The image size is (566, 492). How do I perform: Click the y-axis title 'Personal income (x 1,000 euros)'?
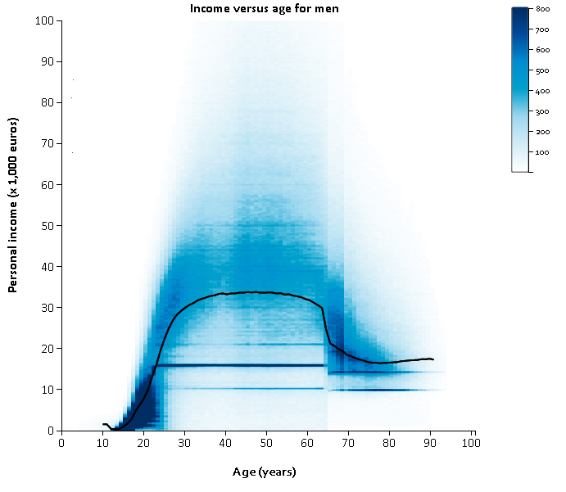click(x=13, y=205)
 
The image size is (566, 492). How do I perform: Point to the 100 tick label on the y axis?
click(x=45, y=20)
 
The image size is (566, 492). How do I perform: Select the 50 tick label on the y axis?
click(x=48, y=225)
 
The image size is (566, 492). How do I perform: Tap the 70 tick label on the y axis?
click(x=48, y=143)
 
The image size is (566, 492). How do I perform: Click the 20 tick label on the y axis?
click(x=48, y=348)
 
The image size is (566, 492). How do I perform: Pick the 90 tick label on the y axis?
click(x=48, y=61)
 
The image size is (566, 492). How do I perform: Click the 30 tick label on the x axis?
click(x=184, y=443)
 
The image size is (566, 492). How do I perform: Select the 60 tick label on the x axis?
click(x=307, y=443)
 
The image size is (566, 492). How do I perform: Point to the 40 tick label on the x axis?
click(x=225, y=443)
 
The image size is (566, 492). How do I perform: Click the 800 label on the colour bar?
click(x=542, y=8)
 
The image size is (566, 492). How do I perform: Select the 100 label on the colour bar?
click(x=542, y=152)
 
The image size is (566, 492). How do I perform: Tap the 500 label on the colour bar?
click(x=542, y=70)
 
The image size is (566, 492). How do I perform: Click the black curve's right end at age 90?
click(x=432, y=359)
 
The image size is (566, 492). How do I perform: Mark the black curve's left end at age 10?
click(x=103, y=424)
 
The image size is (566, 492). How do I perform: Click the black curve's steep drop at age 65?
click(x=327, y=325)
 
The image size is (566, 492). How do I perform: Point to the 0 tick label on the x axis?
click(x=61, y=443)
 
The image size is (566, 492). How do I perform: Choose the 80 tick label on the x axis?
click(x=389, y=443)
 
